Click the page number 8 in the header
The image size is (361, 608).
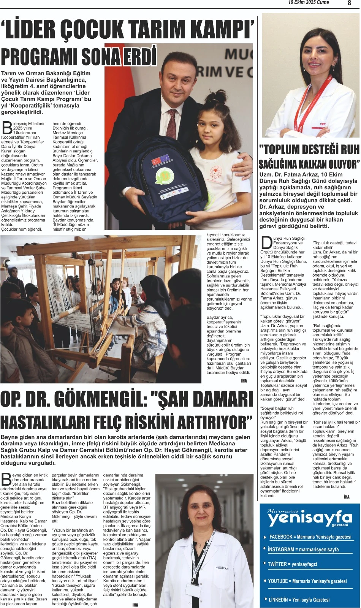click(349, 3)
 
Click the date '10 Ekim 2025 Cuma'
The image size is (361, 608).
click(309, 3)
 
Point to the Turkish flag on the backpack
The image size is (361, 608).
click(157, 161)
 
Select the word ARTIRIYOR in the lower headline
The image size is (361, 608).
click(213, 422)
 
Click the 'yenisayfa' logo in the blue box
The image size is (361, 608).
click(309, 518)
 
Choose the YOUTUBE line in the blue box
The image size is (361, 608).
click(307, 581)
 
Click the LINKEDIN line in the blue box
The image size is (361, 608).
click(299, 600)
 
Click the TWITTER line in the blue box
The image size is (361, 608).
click(292, 564)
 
